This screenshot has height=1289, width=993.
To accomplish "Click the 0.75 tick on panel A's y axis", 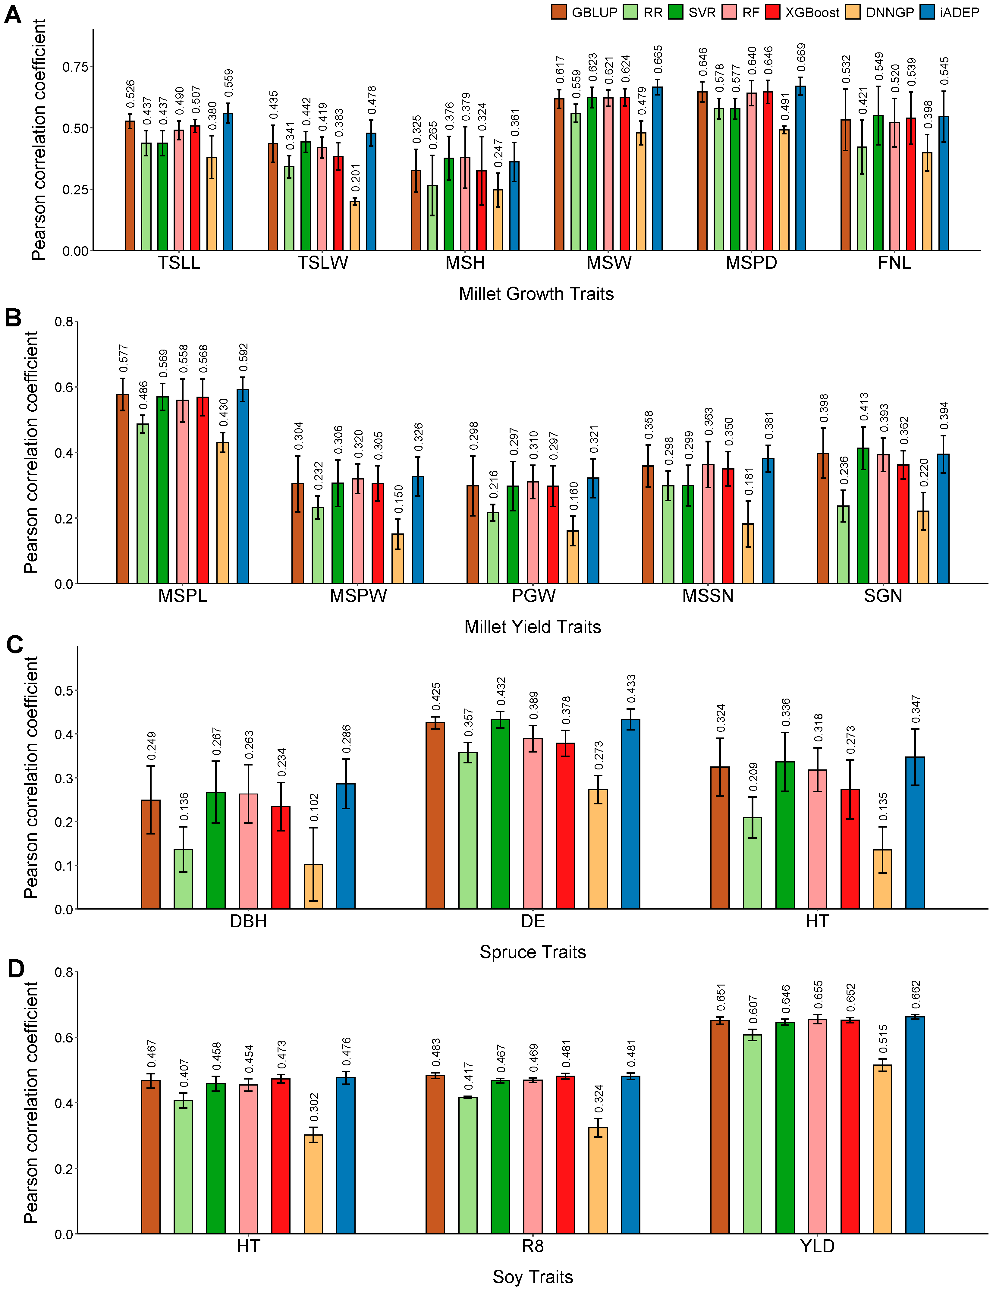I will pyautogui.click(x=76, y=67).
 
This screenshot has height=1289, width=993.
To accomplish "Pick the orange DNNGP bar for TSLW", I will pyautogui.click(x=355, y=226).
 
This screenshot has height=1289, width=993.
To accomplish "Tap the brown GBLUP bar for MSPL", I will pyautogui.click(x=123, y=489).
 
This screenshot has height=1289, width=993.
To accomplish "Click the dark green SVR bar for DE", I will pyautogui.click(x=500, y=814).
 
